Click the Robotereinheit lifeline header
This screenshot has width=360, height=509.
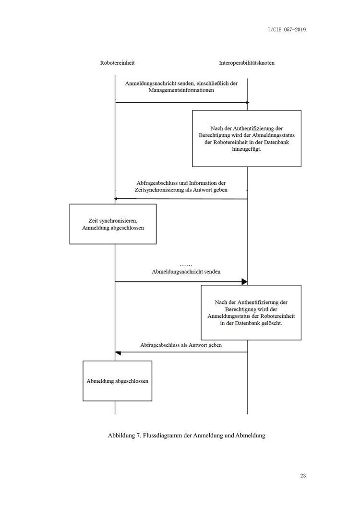(117, 63)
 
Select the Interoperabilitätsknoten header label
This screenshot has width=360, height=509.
(247, 63)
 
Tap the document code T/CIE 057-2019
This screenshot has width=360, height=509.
(287, 30)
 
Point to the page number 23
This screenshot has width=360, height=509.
(303, 475)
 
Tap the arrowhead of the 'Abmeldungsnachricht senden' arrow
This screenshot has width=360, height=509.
(244, 281)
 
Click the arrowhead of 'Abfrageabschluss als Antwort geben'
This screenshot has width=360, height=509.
(118, 353)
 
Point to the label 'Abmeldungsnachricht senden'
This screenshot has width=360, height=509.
(186, 272)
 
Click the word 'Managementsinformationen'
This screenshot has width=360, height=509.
(181, 90)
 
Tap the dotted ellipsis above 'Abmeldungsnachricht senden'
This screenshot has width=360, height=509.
(186, 265)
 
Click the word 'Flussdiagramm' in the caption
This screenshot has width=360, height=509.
(162, 436)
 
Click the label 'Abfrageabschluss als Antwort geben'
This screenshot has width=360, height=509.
(181, 345)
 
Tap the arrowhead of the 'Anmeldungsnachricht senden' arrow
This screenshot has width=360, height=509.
(248, 103)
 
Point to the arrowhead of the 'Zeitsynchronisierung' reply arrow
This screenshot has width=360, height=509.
(116, 199)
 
